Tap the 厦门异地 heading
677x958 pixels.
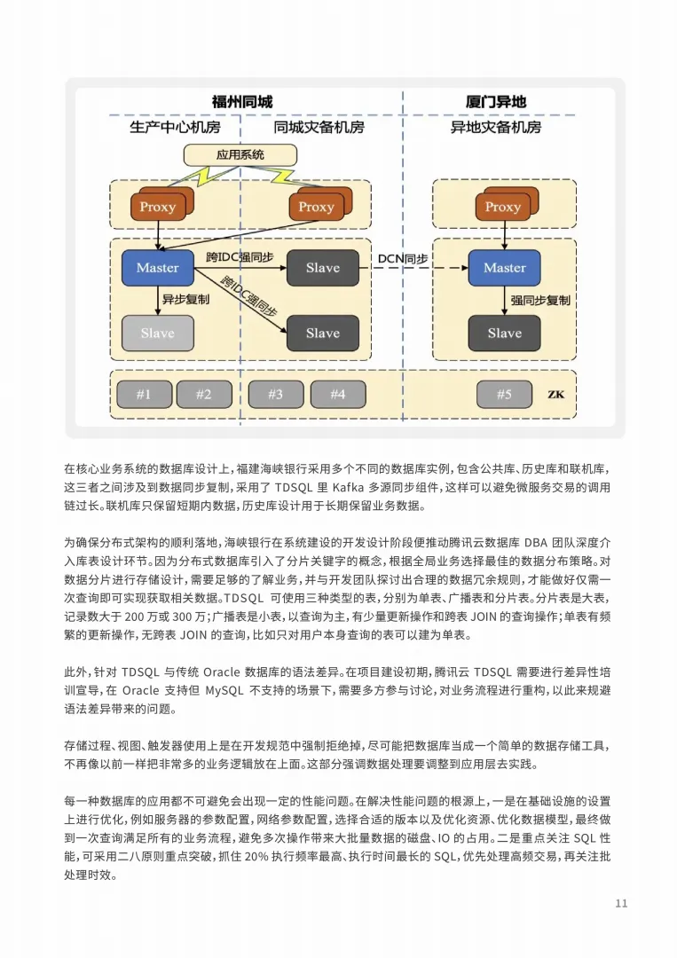(495, 101)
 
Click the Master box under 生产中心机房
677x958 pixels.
(157, 268)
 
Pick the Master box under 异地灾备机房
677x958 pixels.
(504, 268)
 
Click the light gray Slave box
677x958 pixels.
(157, 334)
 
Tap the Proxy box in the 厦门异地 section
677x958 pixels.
(503, 208)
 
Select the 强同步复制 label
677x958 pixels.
(540, 300)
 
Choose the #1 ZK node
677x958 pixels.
(143, 395)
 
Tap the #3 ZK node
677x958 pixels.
(275, 395)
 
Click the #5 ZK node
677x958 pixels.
(503, 395)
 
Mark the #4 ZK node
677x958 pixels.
(337, 395)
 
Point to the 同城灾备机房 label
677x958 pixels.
(319, 127)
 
